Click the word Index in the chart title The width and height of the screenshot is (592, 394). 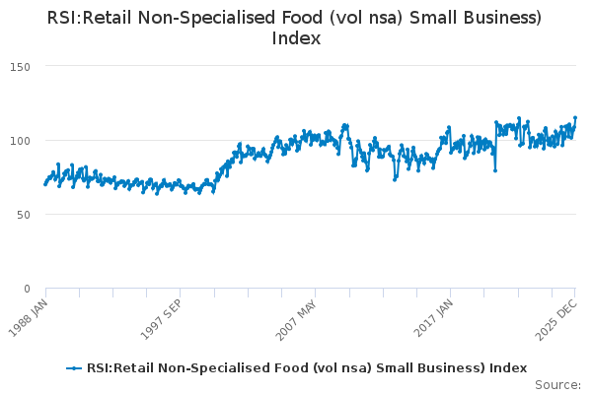[296, 38]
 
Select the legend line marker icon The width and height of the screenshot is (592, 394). [73, 368]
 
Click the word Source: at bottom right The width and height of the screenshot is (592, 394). [557, 385]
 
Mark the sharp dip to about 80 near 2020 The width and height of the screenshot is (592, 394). [495, 169]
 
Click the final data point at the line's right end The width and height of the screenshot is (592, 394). [575, 118]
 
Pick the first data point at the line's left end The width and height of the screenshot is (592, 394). [45, 184]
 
